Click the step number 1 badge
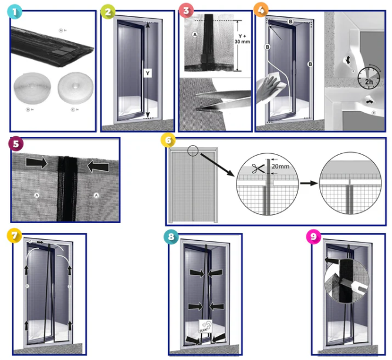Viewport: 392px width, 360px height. click(15, 12)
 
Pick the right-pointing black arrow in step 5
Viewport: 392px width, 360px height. click(37, 161)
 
